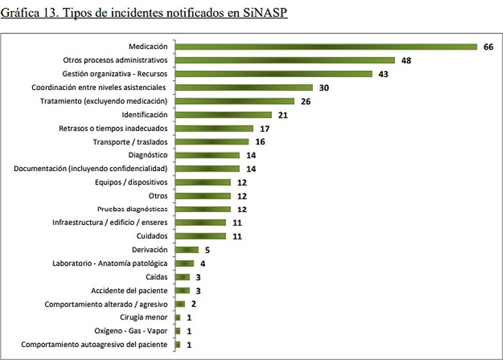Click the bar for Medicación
[x=326, y=46]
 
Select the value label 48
[x=406, y=60]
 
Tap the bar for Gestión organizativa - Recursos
[x=274, y=74]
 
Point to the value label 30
[x=324, y=87]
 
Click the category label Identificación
[x=145, y=114]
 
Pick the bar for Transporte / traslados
[x=212, y=141]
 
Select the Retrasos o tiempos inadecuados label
[x=113, y=128]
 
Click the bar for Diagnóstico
[x=207, y=155]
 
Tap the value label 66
[x=488, y=47]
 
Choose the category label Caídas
[x=157, y=277]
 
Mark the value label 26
[x=305, y=101]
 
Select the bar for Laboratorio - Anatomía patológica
[x=184, y=263]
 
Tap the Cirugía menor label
[x=143, y=318]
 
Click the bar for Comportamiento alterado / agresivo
[x=180, y=304]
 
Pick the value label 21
[x=283, y=114]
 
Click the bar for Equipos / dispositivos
[x=202, y=182]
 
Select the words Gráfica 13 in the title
[x=30, y=14]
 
